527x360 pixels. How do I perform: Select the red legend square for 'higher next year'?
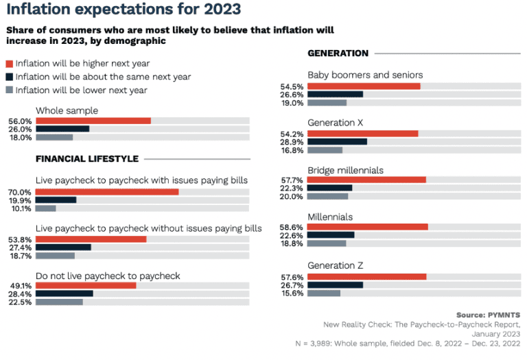coord(9,64)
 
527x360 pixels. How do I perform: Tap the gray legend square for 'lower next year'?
coord(9,90)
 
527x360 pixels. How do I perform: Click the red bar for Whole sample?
coord(93,121)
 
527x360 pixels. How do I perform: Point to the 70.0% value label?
coord(20,192)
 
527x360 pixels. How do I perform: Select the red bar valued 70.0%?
coord(107,192)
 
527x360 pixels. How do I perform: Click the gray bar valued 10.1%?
coord(46,208)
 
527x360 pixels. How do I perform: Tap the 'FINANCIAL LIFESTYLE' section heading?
coord(87,159)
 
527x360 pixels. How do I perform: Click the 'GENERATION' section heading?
coord(338,53)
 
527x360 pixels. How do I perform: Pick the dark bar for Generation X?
coord(337,142)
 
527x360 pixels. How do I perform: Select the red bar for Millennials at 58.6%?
coord(367,226)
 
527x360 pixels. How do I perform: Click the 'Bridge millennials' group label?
coord(345,170)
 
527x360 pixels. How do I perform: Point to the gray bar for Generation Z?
coord(324,293)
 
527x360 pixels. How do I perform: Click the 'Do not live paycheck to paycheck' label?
coord(108,276)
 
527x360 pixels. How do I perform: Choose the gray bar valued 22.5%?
coord(59,302)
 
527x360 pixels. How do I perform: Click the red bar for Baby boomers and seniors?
coord(364,86)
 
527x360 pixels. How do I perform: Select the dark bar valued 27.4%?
coord(63,247)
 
